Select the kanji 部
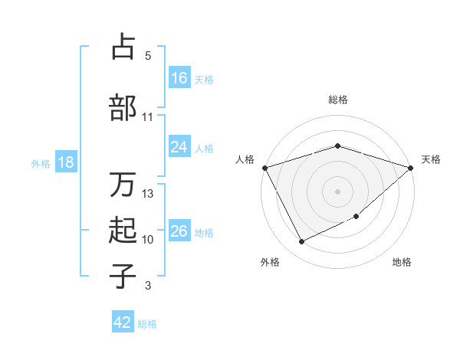(123, 107)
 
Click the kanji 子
(123, 276)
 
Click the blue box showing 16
(179, 78)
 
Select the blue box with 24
(179, 148)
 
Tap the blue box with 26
(179, 232)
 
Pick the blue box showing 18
(65, 163)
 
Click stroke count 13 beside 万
(148, 194)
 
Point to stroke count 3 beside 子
(148, 286)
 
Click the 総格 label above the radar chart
(337, 100)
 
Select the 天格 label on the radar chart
(431, 159)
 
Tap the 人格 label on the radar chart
(245, 159)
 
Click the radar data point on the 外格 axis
(301, 242)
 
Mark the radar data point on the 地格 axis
(356, 217)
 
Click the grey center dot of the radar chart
(337, 191)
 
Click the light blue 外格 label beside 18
(41, 164)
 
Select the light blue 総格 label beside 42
(147, 324)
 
